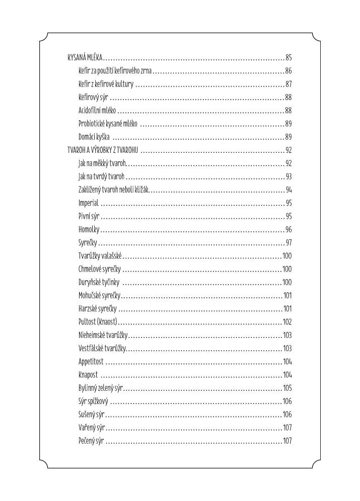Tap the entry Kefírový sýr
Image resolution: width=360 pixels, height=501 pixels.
pos(94,97)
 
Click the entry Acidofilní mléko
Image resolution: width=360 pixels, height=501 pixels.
pos(97,110)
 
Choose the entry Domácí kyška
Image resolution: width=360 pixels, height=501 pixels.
pos(94,137)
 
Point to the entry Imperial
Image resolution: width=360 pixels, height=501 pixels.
pos(89,203)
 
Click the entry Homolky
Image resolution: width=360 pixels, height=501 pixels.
pos(89,229)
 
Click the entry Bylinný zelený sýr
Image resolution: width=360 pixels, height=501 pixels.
pos(101,388)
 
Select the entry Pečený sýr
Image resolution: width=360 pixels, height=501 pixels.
pos(91,441)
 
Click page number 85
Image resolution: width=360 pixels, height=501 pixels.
pos(289,57)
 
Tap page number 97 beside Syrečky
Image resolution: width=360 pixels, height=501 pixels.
pos(289,242)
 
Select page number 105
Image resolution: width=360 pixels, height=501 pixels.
pos(287,388)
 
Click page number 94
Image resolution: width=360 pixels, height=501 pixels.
pos(289,190)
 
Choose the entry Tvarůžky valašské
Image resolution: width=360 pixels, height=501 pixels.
pos(101,256)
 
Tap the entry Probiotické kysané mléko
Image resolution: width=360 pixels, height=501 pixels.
pos(108,124)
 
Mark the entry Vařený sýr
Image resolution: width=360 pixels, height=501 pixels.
pos(91,428)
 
